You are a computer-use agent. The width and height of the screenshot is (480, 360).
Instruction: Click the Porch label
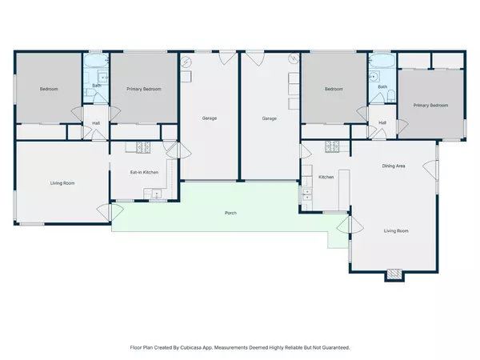coord(230,213)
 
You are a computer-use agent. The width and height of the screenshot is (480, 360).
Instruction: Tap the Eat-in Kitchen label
coord(144,172)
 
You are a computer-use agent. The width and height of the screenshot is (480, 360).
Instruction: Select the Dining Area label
coord(394,166)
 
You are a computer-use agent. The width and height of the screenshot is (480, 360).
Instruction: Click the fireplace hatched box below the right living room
coord(394,274)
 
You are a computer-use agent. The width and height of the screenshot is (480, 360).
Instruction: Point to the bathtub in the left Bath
coord(96,62)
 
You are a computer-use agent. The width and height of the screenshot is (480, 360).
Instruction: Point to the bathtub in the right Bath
coord(382,61)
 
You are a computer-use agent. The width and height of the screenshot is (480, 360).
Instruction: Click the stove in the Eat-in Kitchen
coord(143,147)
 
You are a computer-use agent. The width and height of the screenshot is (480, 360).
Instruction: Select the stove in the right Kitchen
coord(332,146)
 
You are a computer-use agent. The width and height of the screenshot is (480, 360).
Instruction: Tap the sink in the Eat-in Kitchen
coord(157,194)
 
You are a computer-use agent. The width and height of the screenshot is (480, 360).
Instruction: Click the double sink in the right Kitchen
coord(306,194)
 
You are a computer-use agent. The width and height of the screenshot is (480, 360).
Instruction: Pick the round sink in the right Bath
coord(374,76)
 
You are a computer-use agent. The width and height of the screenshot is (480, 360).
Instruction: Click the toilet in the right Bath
coord(391,96)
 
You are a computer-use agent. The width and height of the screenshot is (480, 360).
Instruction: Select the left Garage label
coord(210,118)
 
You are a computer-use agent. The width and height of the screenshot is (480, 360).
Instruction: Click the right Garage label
coord(269,118)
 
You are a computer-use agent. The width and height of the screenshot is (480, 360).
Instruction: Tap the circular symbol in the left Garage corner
coord(186,62)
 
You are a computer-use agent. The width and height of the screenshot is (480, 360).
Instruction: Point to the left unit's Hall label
coord(96,123)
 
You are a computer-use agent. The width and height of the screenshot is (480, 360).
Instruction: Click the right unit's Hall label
coord(382,122)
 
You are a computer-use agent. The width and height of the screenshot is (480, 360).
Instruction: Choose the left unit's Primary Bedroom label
coord(144,89)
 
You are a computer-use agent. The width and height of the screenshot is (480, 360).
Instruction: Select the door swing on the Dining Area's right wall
coord(430,170)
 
